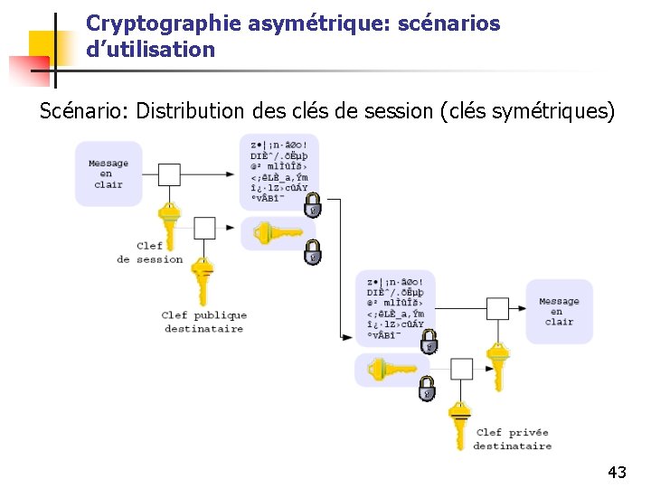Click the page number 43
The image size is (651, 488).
618,472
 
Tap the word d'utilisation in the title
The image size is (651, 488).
150,50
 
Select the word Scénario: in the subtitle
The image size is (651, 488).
83,111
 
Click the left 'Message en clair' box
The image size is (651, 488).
108,174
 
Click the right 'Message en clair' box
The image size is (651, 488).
559,312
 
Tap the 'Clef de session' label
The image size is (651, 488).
150,252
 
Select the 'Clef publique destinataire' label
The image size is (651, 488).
204,322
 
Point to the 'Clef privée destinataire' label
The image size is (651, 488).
512,439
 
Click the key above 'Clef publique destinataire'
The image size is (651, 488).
203,278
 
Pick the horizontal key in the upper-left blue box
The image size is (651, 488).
278,234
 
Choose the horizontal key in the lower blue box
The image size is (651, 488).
391,370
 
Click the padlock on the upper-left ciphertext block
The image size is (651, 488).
312,205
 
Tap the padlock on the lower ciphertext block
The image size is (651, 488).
429,342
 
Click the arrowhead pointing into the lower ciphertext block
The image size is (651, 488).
348,340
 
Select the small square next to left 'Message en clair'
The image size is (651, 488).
169,174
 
